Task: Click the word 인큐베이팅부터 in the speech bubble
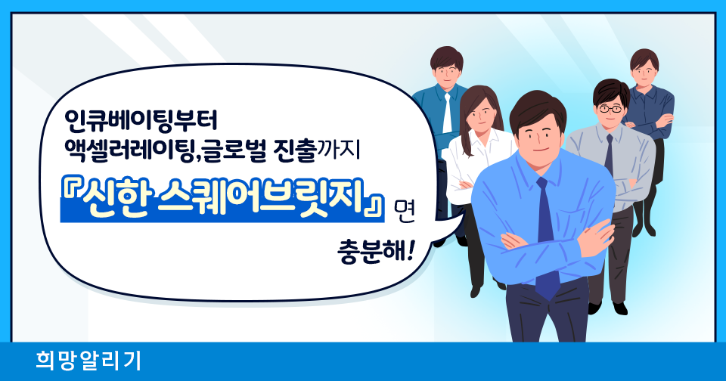[141, 121]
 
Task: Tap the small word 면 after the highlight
[403, 211]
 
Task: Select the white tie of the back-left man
[447, 113]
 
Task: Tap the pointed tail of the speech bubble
[458, 221]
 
